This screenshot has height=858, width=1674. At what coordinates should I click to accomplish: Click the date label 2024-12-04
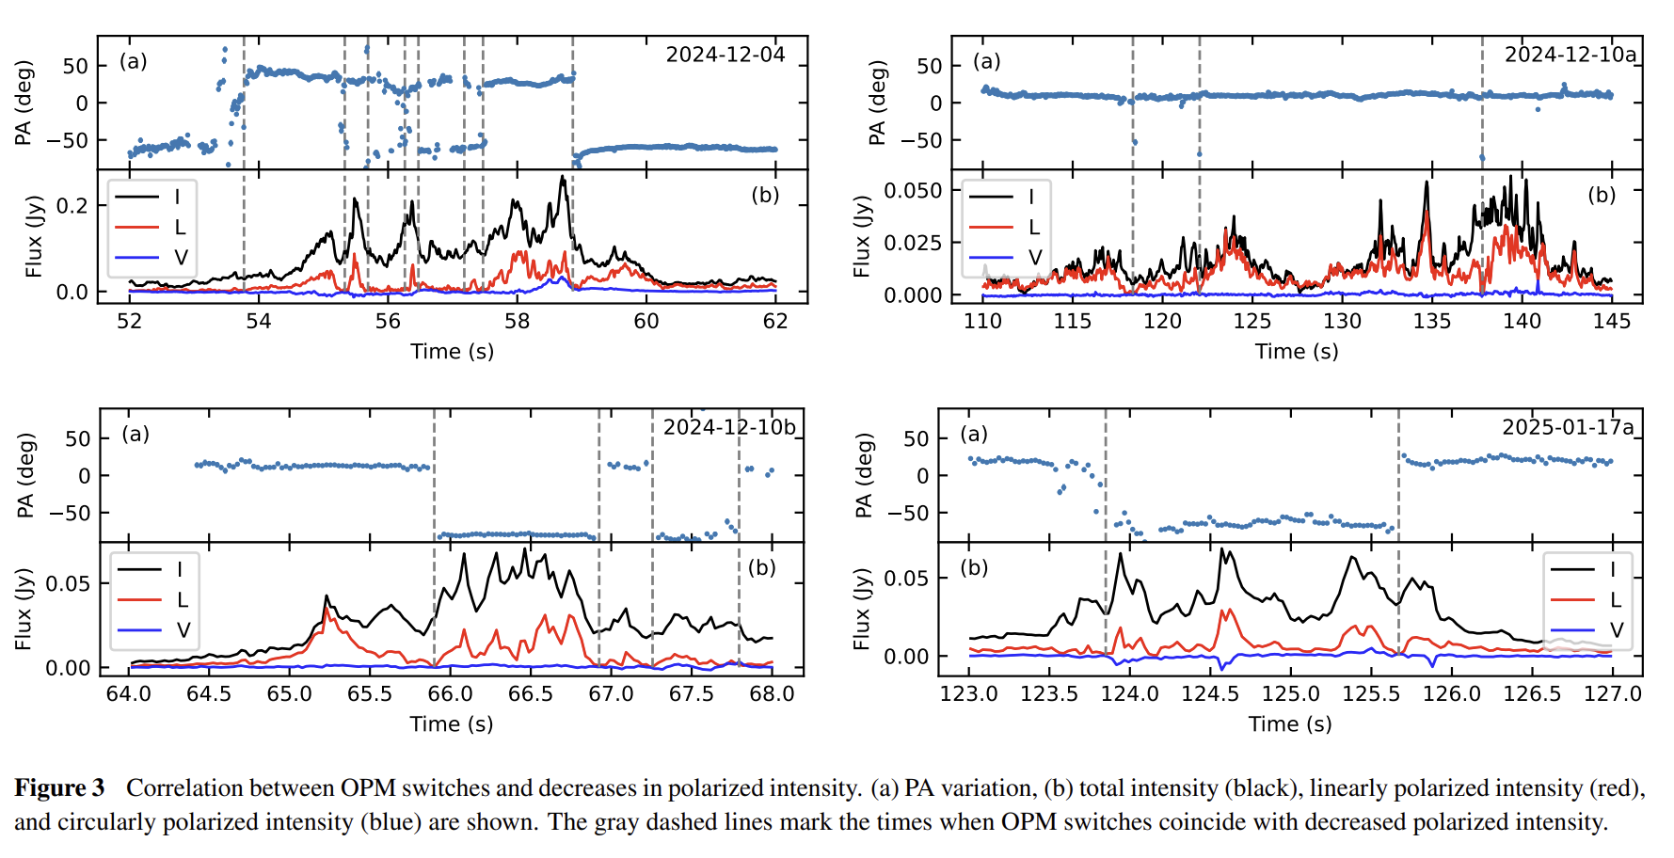coord(725,55)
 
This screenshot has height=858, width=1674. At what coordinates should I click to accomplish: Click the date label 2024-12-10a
coord(1570,55)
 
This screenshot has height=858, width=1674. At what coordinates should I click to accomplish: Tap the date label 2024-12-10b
coord(729,427)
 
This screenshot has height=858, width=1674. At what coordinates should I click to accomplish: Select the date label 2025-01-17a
coord(1568,427)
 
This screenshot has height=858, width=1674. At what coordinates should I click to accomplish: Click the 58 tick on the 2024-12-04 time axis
coord(517,321)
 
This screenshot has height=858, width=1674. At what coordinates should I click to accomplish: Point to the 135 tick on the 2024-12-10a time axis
coord(1431,321)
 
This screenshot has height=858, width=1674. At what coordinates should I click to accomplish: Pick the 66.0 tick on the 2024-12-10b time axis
coord(450,694)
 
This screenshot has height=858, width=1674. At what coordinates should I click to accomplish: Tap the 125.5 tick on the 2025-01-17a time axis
coord(1371,694)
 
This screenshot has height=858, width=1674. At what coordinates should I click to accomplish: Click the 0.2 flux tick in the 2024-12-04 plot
coord(72,206)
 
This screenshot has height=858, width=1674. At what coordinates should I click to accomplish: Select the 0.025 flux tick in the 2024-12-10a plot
coord(912,243)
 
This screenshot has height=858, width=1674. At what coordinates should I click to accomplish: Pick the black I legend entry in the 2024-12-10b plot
coord(152,570)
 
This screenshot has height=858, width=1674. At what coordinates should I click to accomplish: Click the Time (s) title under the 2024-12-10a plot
coord(1296,352)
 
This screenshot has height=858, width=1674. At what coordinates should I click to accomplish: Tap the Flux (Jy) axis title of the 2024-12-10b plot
coord(24,610)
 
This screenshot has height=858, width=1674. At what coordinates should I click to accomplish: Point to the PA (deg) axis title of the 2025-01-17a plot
coord(863,475)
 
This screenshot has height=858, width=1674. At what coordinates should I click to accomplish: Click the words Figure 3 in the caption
coord(59,788)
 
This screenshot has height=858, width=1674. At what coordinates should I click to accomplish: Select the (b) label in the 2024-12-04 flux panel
coord(764,195)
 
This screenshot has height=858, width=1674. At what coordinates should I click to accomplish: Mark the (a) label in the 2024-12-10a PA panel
coord(986,61)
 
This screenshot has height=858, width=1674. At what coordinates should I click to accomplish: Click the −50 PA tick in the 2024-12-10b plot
coord(71,514)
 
